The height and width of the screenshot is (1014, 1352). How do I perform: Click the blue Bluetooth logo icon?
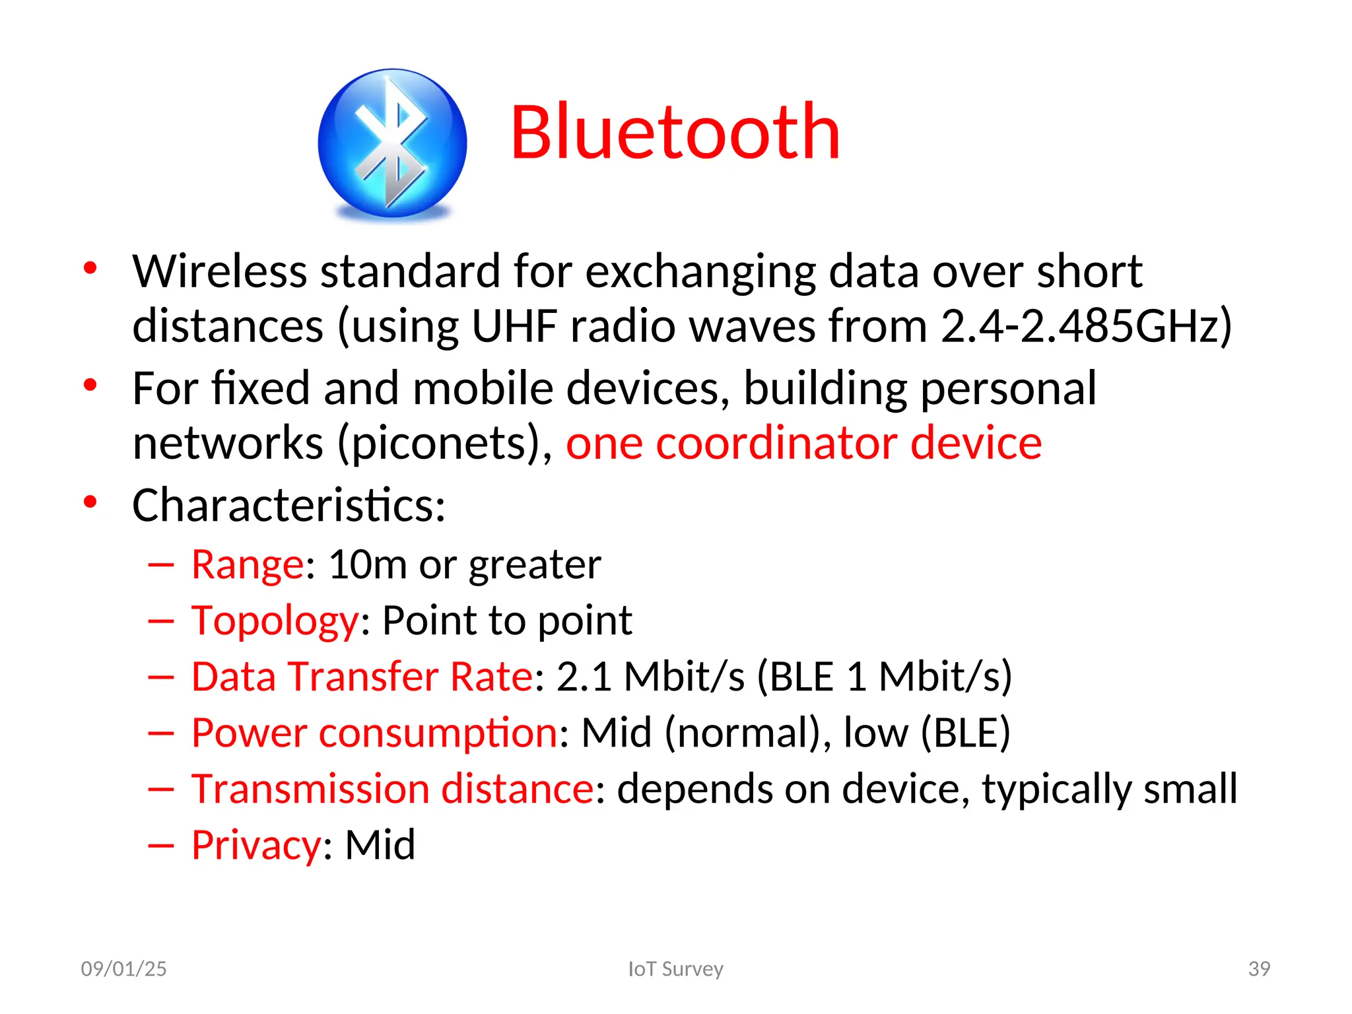click(392, 143)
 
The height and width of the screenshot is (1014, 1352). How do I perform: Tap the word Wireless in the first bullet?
click(220, 271)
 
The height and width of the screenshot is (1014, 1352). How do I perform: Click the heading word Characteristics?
click(288, 506)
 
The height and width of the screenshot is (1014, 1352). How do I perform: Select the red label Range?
click(248, 565)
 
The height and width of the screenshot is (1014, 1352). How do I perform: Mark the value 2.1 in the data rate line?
click(584, 677)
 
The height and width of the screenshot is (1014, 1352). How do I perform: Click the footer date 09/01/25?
click(123, 969)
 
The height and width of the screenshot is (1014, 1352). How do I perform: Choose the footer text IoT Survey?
click(675, 969)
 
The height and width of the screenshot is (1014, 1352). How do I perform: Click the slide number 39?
click(1259, 969)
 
